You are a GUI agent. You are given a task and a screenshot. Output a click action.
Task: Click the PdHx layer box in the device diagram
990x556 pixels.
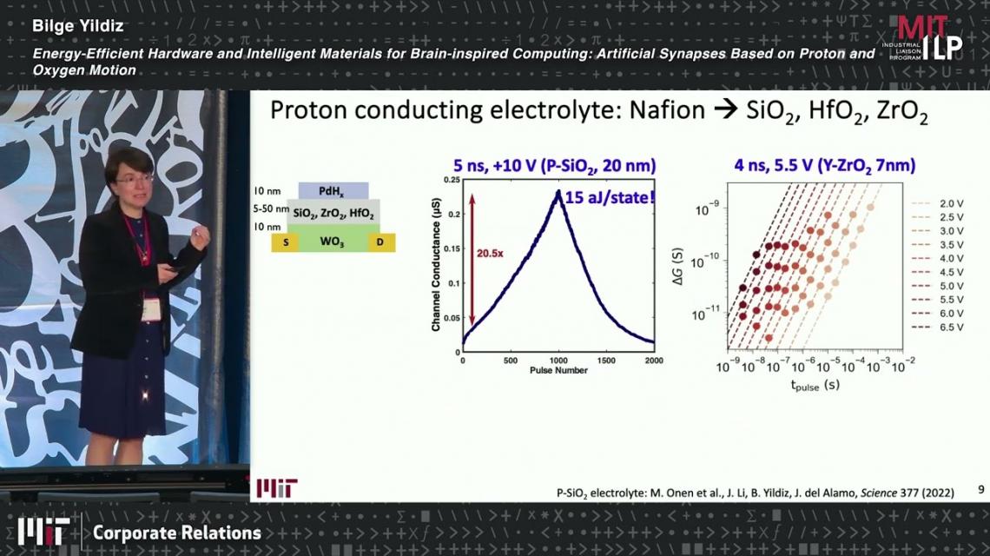pyautogui.click(x=333, y=191)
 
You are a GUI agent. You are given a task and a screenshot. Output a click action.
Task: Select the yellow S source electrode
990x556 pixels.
pyautogui.click(x=286, y=242)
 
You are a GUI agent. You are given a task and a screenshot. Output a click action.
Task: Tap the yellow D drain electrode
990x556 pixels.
pyautogui.click(x=380, y=242)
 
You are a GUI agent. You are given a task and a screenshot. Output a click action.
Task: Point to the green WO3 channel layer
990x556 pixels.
pyautogui.click(x=333, y=238)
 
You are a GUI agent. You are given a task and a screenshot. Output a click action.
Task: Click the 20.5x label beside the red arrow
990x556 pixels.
pyautogui.click(x=490, y=254)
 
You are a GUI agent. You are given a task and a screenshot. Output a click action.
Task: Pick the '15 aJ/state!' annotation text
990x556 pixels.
pyautogui.click(x=610, y=198)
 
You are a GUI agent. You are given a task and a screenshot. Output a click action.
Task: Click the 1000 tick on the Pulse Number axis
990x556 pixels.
pyautogui.click(x=558, y=361)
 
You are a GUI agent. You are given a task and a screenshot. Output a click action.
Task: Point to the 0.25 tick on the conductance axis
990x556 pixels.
pyautogui.click(x=452, y=180)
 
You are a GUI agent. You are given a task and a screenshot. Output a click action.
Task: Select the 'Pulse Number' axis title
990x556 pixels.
pyautogui.click(x=558, y=370)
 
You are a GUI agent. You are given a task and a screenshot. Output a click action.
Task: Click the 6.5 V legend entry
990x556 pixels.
pyautogui.click(x=938, y=328)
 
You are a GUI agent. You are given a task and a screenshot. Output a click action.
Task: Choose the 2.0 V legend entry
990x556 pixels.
pyautogui.click(x=938, y=203)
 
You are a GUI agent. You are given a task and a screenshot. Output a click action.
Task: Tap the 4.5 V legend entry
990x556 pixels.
pyautogui.click(x=938, y=272)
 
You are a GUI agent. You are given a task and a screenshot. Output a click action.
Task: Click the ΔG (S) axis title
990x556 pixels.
pyautogui.click(x=678, y=266)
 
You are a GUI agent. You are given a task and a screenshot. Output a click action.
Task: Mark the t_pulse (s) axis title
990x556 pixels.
pyautogui.click(x=815, y=385)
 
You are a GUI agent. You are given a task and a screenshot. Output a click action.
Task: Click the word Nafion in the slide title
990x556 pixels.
pyautogui.click(x=667, y=110)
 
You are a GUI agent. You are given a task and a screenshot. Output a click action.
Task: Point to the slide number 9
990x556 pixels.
pyautogui.click(x=980, y=489)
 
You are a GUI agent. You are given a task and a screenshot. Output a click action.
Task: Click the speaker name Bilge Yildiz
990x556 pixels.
pyautogui.click(x=77, y=27)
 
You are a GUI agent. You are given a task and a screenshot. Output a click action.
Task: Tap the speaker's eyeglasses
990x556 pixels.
pyautogui.click(x=134, y=180)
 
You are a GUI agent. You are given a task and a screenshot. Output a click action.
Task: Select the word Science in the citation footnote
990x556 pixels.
pyautogui.click(x=879, y=493)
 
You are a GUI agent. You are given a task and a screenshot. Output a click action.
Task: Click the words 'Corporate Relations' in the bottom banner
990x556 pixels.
pyautogui.click(x=177, y=533)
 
